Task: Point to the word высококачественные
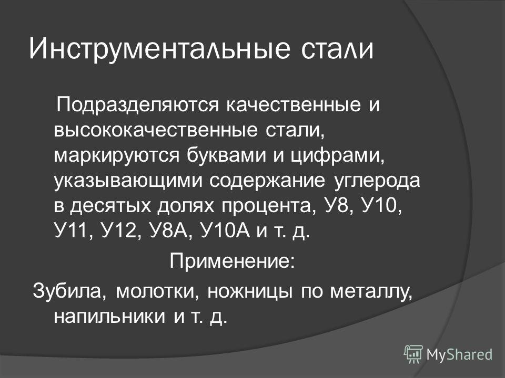(x=156, y=131)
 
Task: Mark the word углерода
(x=377, y=182)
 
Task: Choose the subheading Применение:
(x=232, y=261)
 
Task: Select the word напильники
(x=110, y=317)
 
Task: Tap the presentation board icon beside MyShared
(x=413, y=354)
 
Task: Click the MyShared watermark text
(x=459, y=354)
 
